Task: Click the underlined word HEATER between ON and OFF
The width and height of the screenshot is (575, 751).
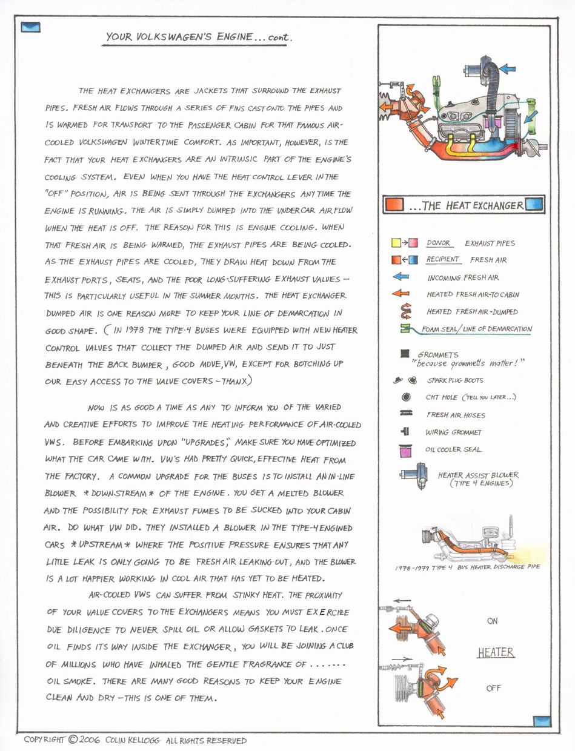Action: click(x=496, y=653)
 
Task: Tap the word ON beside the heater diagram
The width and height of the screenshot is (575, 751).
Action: click(x=493, y=621)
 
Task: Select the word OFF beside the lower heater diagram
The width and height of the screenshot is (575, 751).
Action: click(x=493, y=689)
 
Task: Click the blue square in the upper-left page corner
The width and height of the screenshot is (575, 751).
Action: click(x=30, y=27)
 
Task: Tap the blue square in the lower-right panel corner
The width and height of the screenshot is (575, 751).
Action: click(x=541, y=721)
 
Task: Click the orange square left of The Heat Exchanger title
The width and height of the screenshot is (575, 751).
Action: click(x=394, y=205)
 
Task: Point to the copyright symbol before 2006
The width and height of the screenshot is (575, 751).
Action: click(x=73, y=739)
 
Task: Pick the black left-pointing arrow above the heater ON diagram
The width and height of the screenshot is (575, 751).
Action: click(x=402, y=601)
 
